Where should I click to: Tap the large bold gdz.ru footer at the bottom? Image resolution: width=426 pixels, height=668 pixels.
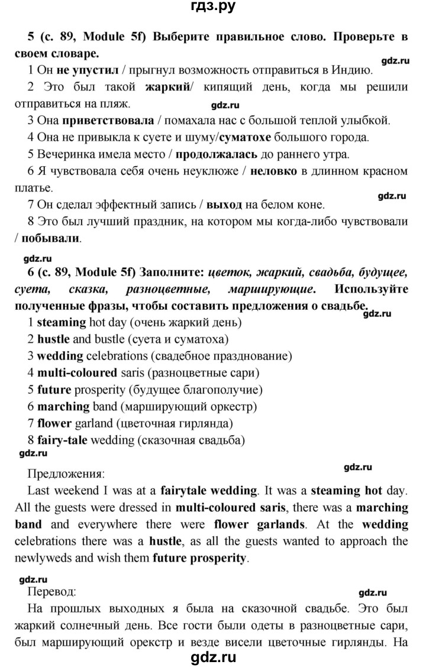tap(213, 656)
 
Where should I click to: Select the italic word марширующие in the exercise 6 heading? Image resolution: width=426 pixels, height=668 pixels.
tap(270, 290)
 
